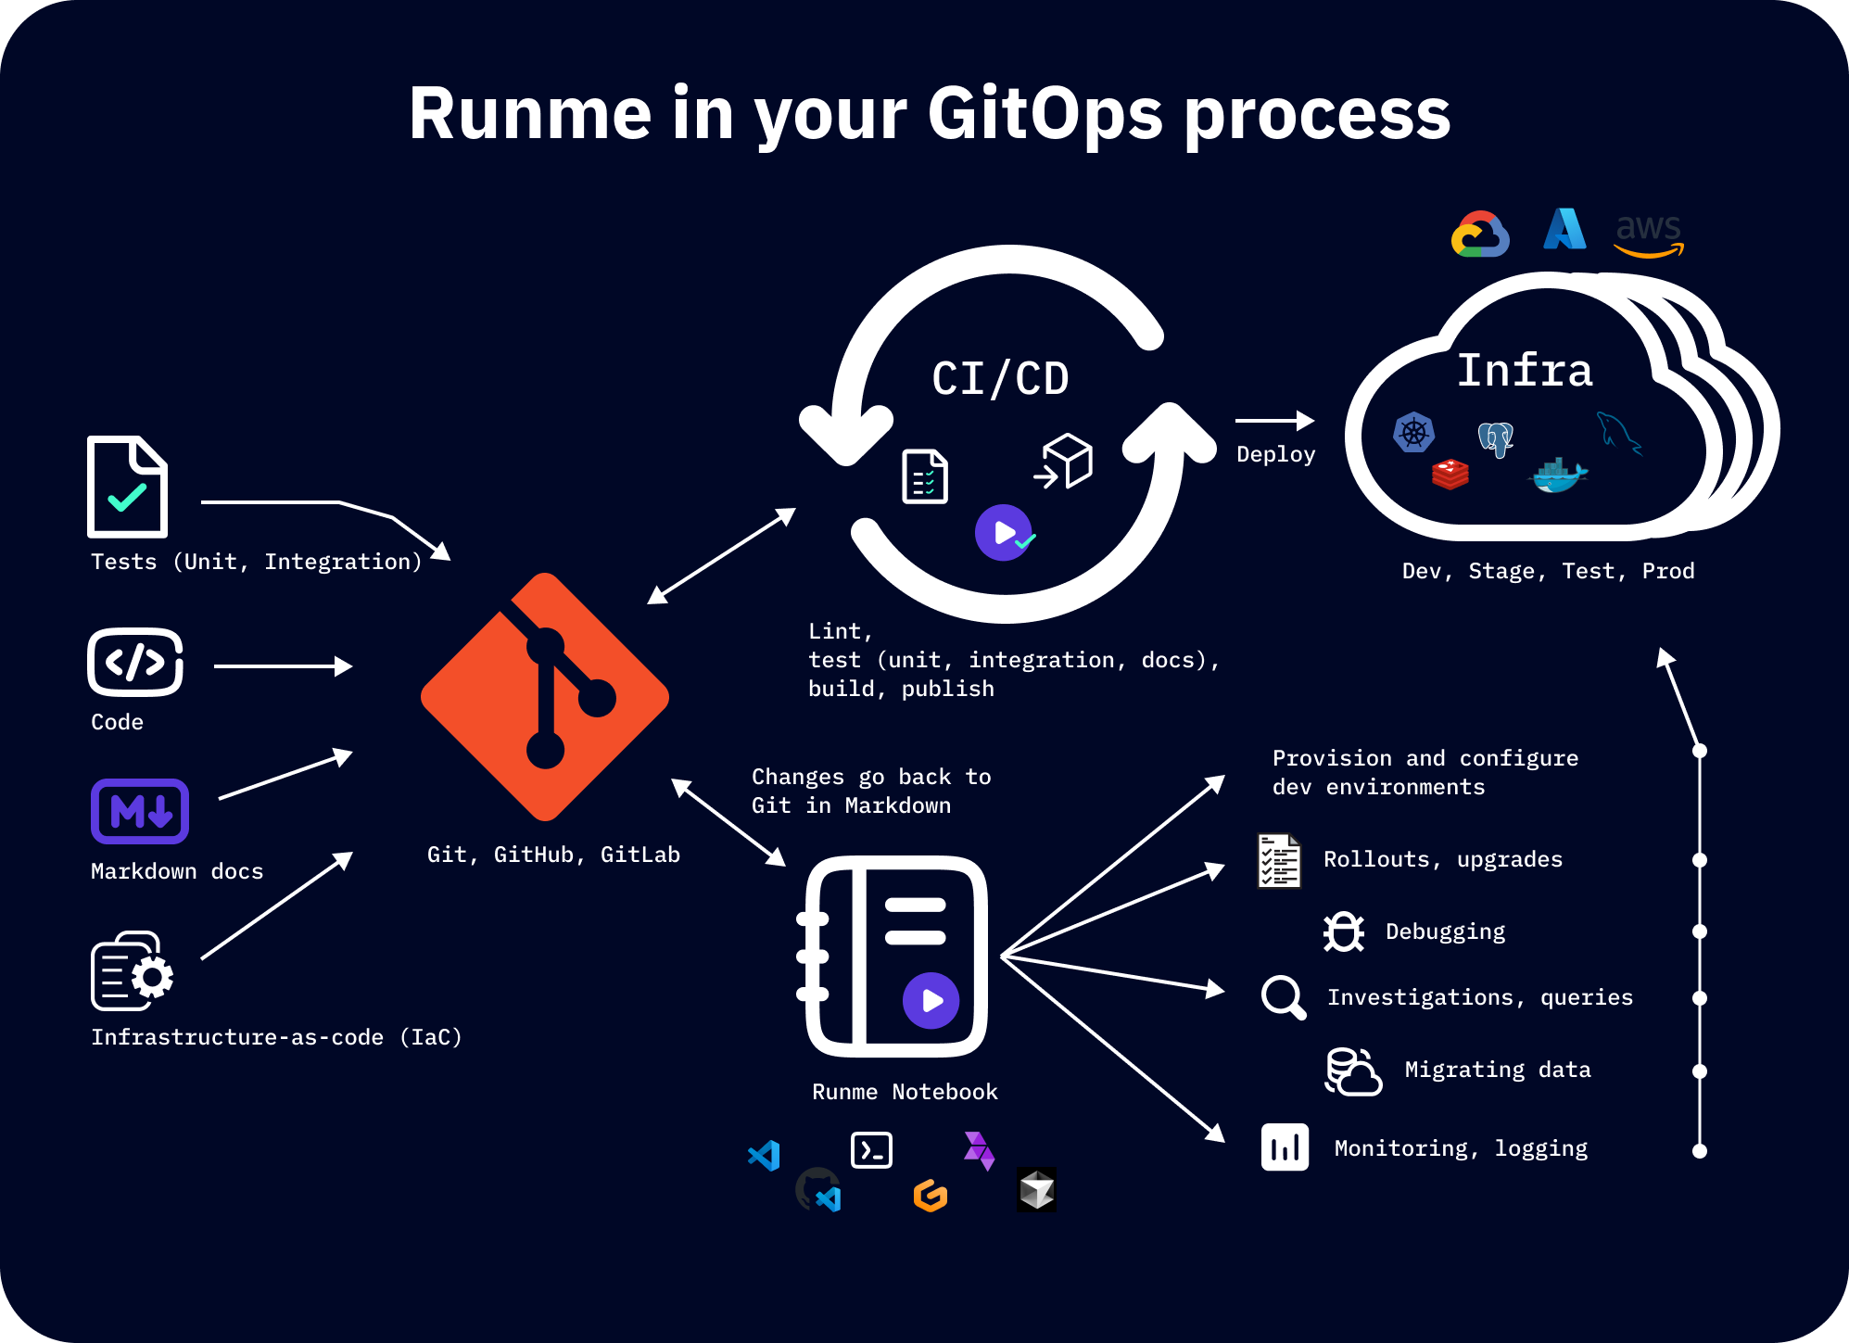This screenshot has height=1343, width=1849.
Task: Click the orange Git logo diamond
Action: tap(545, 697)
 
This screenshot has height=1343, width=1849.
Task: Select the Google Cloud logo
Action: tap(1480, 234)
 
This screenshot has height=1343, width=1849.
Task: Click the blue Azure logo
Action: tap(1564, 229)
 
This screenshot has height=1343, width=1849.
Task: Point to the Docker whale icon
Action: tap(1557, 475)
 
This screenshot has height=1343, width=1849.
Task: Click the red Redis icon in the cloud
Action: tap(1450, 474)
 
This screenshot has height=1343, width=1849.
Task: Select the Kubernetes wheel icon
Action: tap(1413, 432)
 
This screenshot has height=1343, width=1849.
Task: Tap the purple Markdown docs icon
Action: tap(140, 811)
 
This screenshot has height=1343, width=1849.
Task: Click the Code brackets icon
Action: tap(135, 662)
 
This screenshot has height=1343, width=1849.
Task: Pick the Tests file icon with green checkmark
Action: tap(128, 487)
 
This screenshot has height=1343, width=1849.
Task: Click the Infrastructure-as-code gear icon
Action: tap(133, 971)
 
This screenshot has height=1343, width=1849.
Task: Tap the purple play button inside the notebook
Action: tap(931, 1000)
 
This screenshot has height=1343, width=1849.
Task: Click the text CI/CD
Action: tap(1000, 379)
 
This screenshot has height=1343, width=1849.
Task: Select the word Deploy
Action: tap(1275, 454)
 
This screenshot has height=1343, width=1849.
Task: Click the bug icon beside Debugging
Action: tap(1343, 931)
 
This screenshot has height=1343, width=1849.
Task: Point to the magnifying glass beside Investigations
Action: tap(1284, 997)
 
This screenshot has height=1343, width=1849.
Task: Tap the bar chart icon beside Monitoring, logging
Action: tap(1285, 1147)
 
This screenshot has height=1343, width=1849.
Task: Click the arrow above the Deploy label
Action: tap(1274, 421)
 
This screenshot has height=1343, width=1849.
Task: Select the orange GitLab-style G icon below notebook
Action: tap(931, 1196)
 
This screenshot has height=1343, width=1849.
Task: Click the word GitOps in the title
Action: tap(1045, 113)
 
